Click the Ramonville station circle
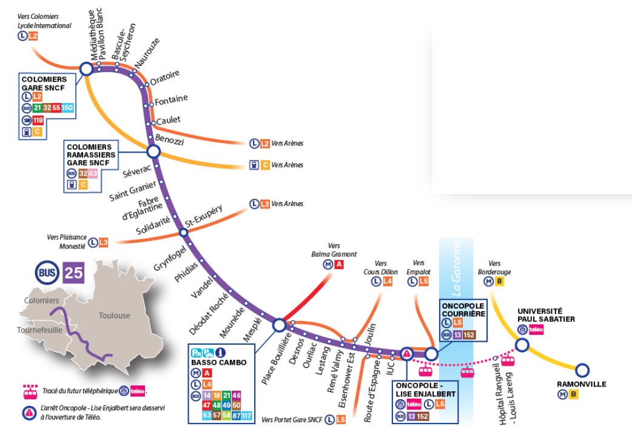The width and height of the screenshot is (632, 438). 582,370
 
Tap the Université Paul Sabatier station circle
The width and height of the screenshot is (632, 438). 522,345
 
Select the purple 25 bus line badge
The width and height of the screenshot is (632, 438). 74,273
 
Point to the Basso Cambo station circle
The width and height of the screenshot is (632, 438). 280,325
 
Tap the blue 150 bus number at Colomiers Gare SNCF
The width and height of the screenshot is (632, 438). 67,108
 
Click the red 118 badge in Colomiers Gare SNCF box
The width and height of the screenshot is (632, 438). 38,120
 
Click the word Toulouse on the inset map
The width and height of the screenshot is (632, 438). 115,316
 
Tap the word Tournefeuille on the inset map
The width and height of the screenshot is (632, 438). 40,330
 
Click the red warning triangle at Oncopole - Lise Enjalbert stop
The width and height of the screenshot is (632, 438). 406,354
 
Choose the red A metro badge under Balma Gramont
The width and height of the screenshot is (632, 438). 339,265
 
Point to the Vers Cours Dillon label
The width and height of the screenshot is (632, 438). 381,268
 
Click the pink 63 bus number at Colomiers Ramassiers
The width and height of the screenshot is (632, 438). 92,173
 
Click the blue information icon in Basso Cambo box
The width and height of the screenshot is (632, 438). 221,352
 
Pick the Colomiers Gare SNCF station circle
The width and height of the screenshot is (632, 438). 86,69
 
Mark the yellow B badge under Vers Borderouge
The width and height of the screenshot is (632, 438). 500,281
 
